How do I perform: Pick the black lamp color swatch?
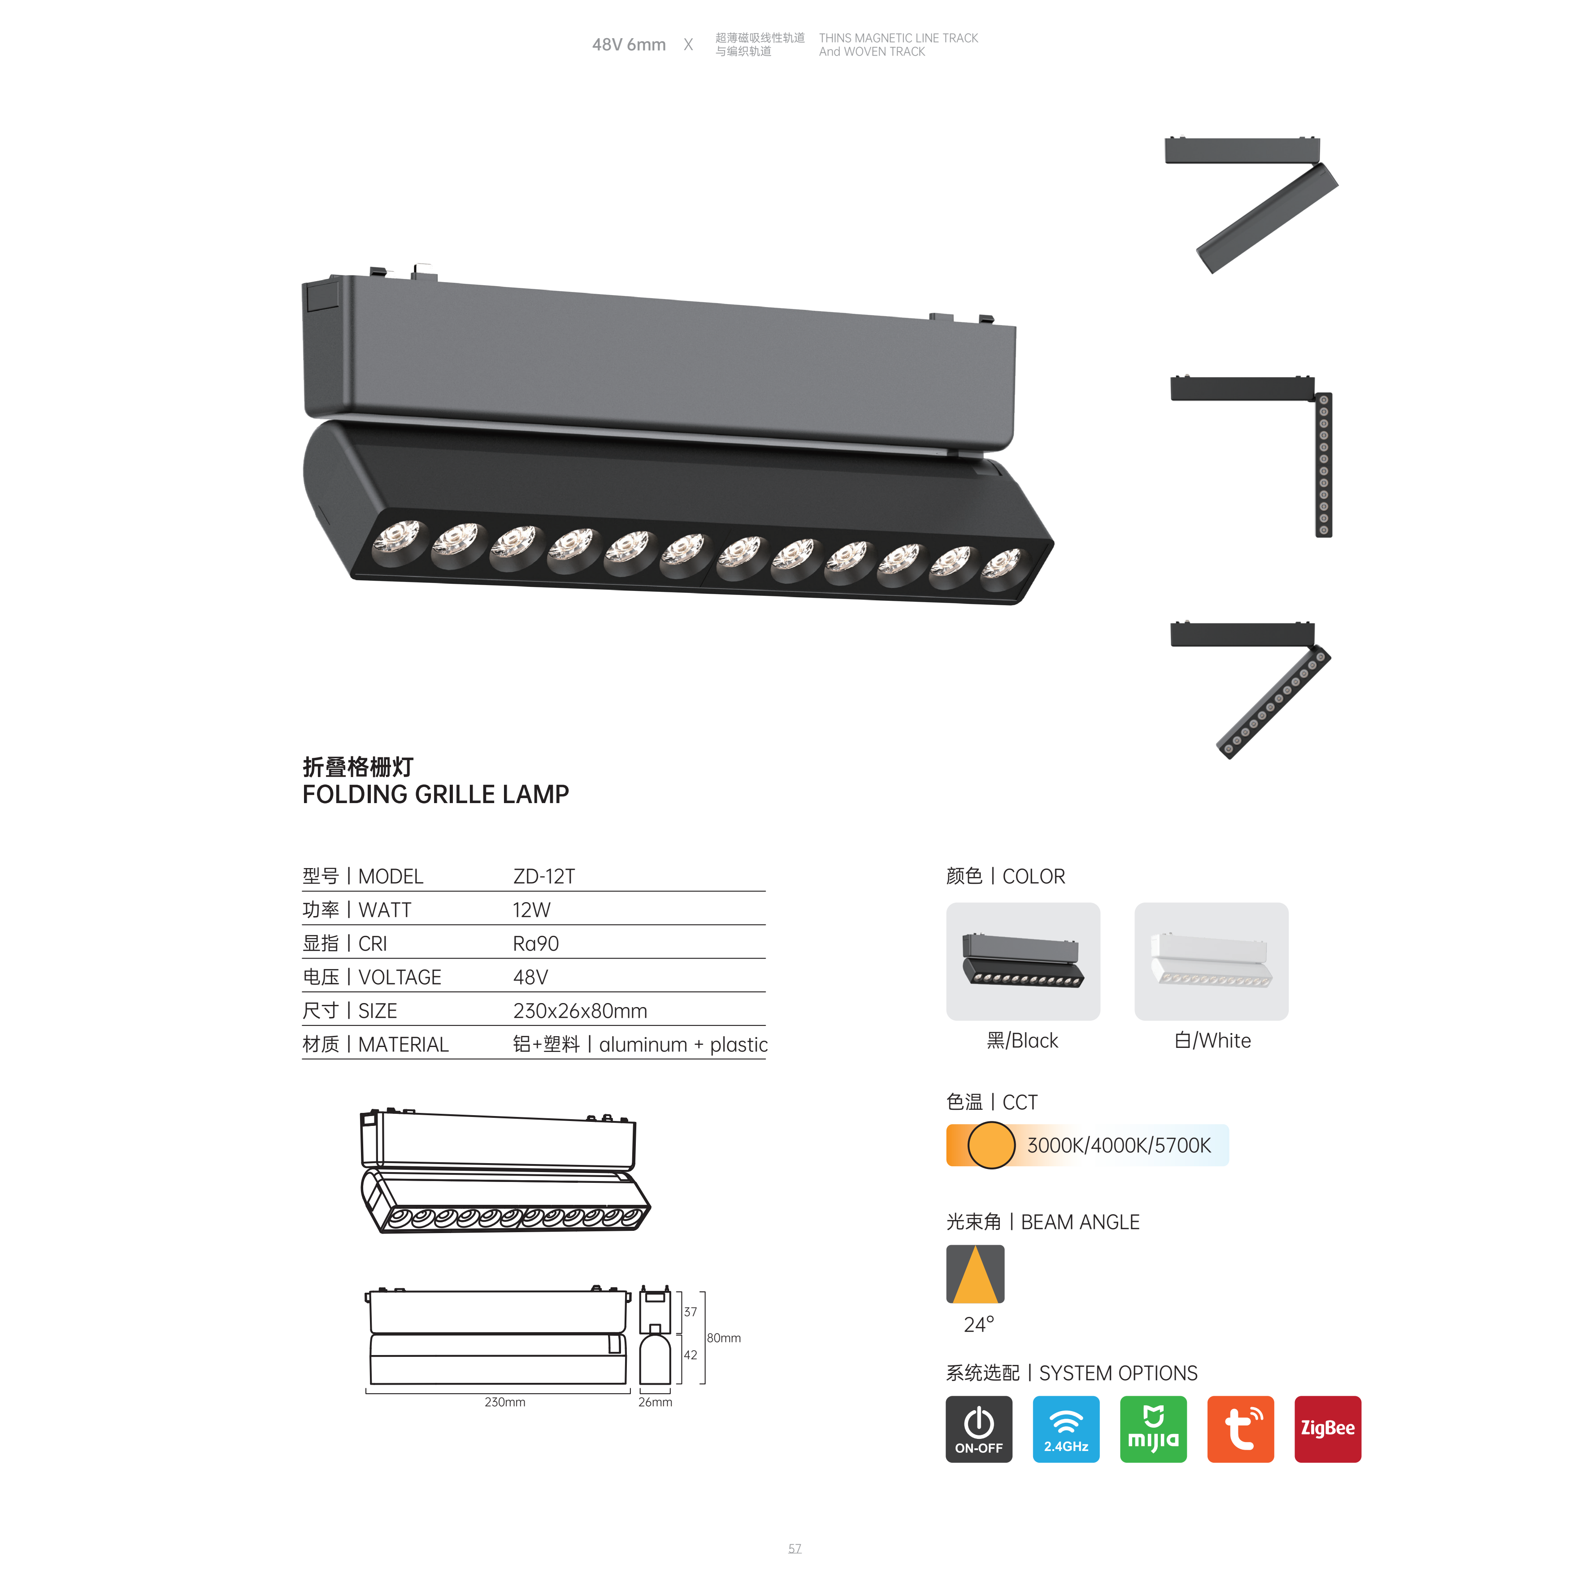pyautogui.click(x=1023, y=961)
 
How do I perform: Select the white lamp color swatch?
pyautogui.click(x=1212, y=961)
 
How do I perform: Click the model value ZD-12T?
pyautogui.click(x=544, y=877)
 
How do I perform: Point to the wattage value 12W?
pyautogui.click(x=532, y=910)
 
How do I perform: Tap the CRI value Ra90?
pyautogui.click(x=536, y=944)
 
